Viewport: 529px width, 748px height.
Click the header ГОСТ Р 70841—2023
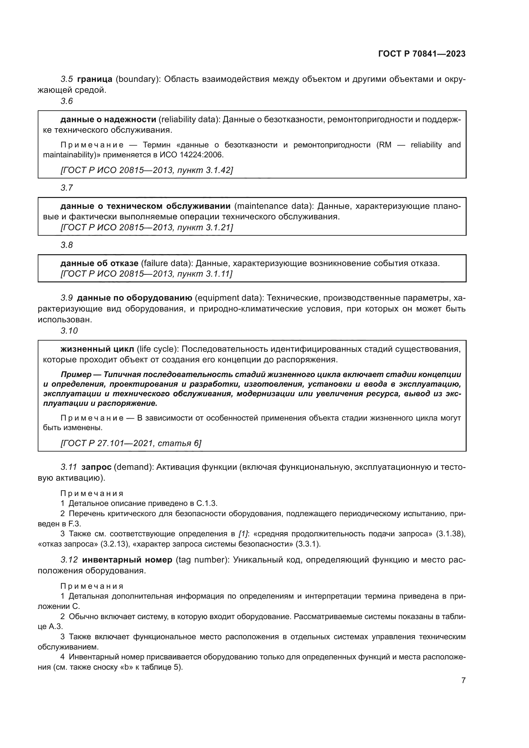point(422,54)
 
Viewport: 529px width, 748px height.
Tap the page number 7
point(463,680)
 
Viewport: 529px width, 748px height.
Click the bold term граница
point(95,79)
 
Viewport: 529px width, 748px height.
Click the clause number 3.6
point(67,101)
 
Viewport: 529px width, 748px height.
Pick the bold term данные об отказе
point(99,263)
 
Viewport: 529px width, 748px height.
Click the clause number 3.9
point(67,298)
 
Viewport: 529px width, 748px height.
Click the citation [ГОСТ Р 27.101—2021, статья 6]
point(131,443)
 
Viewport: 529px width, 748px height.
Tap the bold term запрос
point(96,467)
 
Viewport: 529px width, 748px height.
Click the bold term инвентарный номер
point(127,560)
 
